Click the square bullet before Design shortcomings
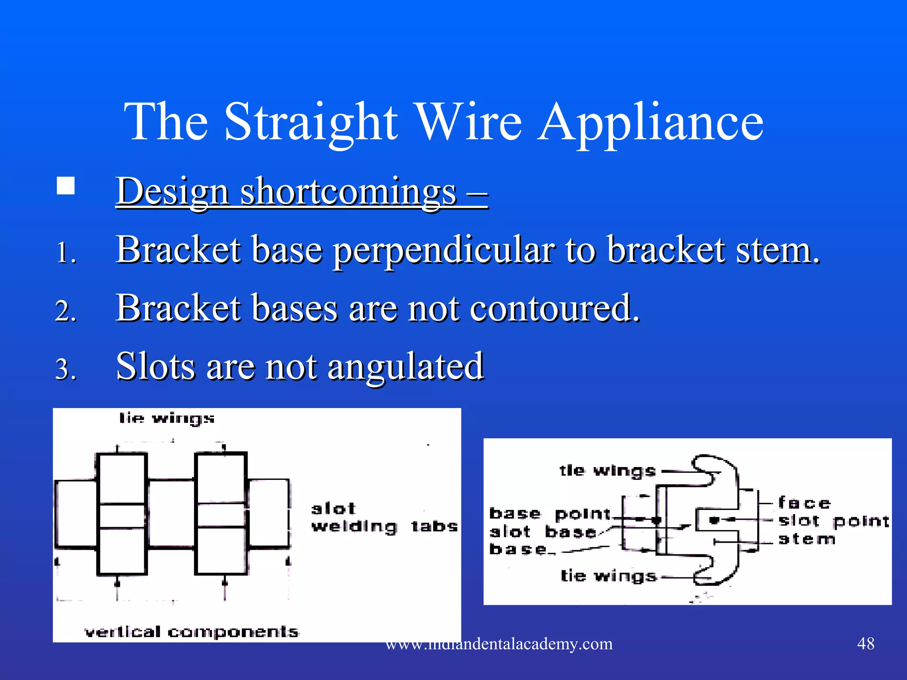pyautogui.click(x=66, y=186)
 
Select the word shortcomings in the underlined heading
pyautogui.click(x=348, y=192)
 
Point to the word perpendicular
pyautogui.click(x=443, y=250)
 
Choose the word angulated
pyautogui.click(x=405, y=366)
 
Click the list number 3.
pyautogui.click(x=66, y=369)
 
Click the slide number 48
pyautogui.click(x=866, y=643)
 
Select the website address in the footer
pyautogui.click(x=499, y=644)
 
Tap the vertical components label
pyautogui.click(x=192, y=632)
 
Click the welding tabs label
pyautogui.click(x=384, y=526)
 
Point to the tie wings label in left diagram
pyautogui.click(x=167, y=418)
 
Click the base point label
pyautogui.click(x=550, y=514)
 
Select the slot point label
pyautogui.click(x=834, y=521)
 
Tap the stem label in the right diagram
pyautogui.click(x=806, y=539)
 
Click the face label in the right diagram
pyautogui.click(x=804, y=503)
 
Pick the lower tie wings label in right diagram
pyautogui.click(x=608, y=576)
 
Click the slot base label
pyautogui.click(x=543, y=532)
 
